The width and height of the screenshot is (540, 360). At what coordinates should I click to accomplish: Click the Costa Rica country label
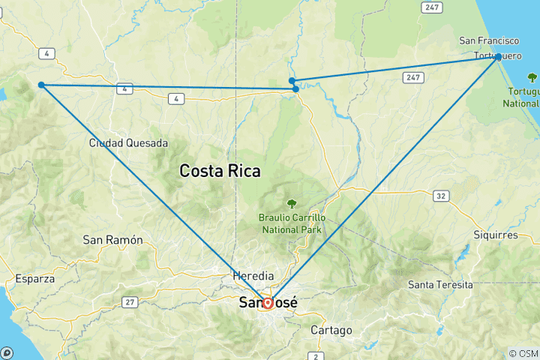click(x=220, y=171)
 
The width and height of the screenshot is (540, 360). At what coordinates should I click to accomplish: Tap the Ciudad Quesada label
click(x=128, y=142)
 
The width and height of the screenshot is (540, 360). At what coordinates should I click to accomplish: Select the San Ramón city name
click(x=112, y=240)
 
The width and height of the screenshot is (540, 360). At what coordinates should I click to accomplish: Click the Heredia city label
click(x=253, y=275)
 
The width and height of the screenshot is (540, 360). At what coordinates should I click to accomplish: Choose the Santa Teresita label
click(x=440, y=285)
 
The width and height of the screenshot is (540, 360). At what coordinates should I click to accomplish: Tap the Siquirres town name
click(x=495, y=235)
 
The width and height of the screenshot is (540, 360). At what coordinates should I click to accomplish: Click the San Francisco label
click(x=489, y=40)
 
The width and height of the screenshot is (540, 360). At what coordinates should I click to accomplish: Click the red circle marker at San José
click(x=267, y=303)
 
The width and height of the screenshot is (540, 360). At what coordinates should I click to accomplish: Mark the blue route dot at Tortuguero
click(x=498, y=57)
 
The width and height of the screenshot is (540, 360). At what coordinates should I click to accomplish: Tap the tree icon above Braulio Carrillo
click(x=291, y=202)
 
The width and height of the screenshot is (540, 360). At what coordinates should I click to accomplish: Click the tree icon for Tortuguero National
click(x=532, y=76)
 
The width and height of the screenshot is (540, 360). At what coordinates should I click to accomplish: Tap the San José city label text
click(x=268, y=303)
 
